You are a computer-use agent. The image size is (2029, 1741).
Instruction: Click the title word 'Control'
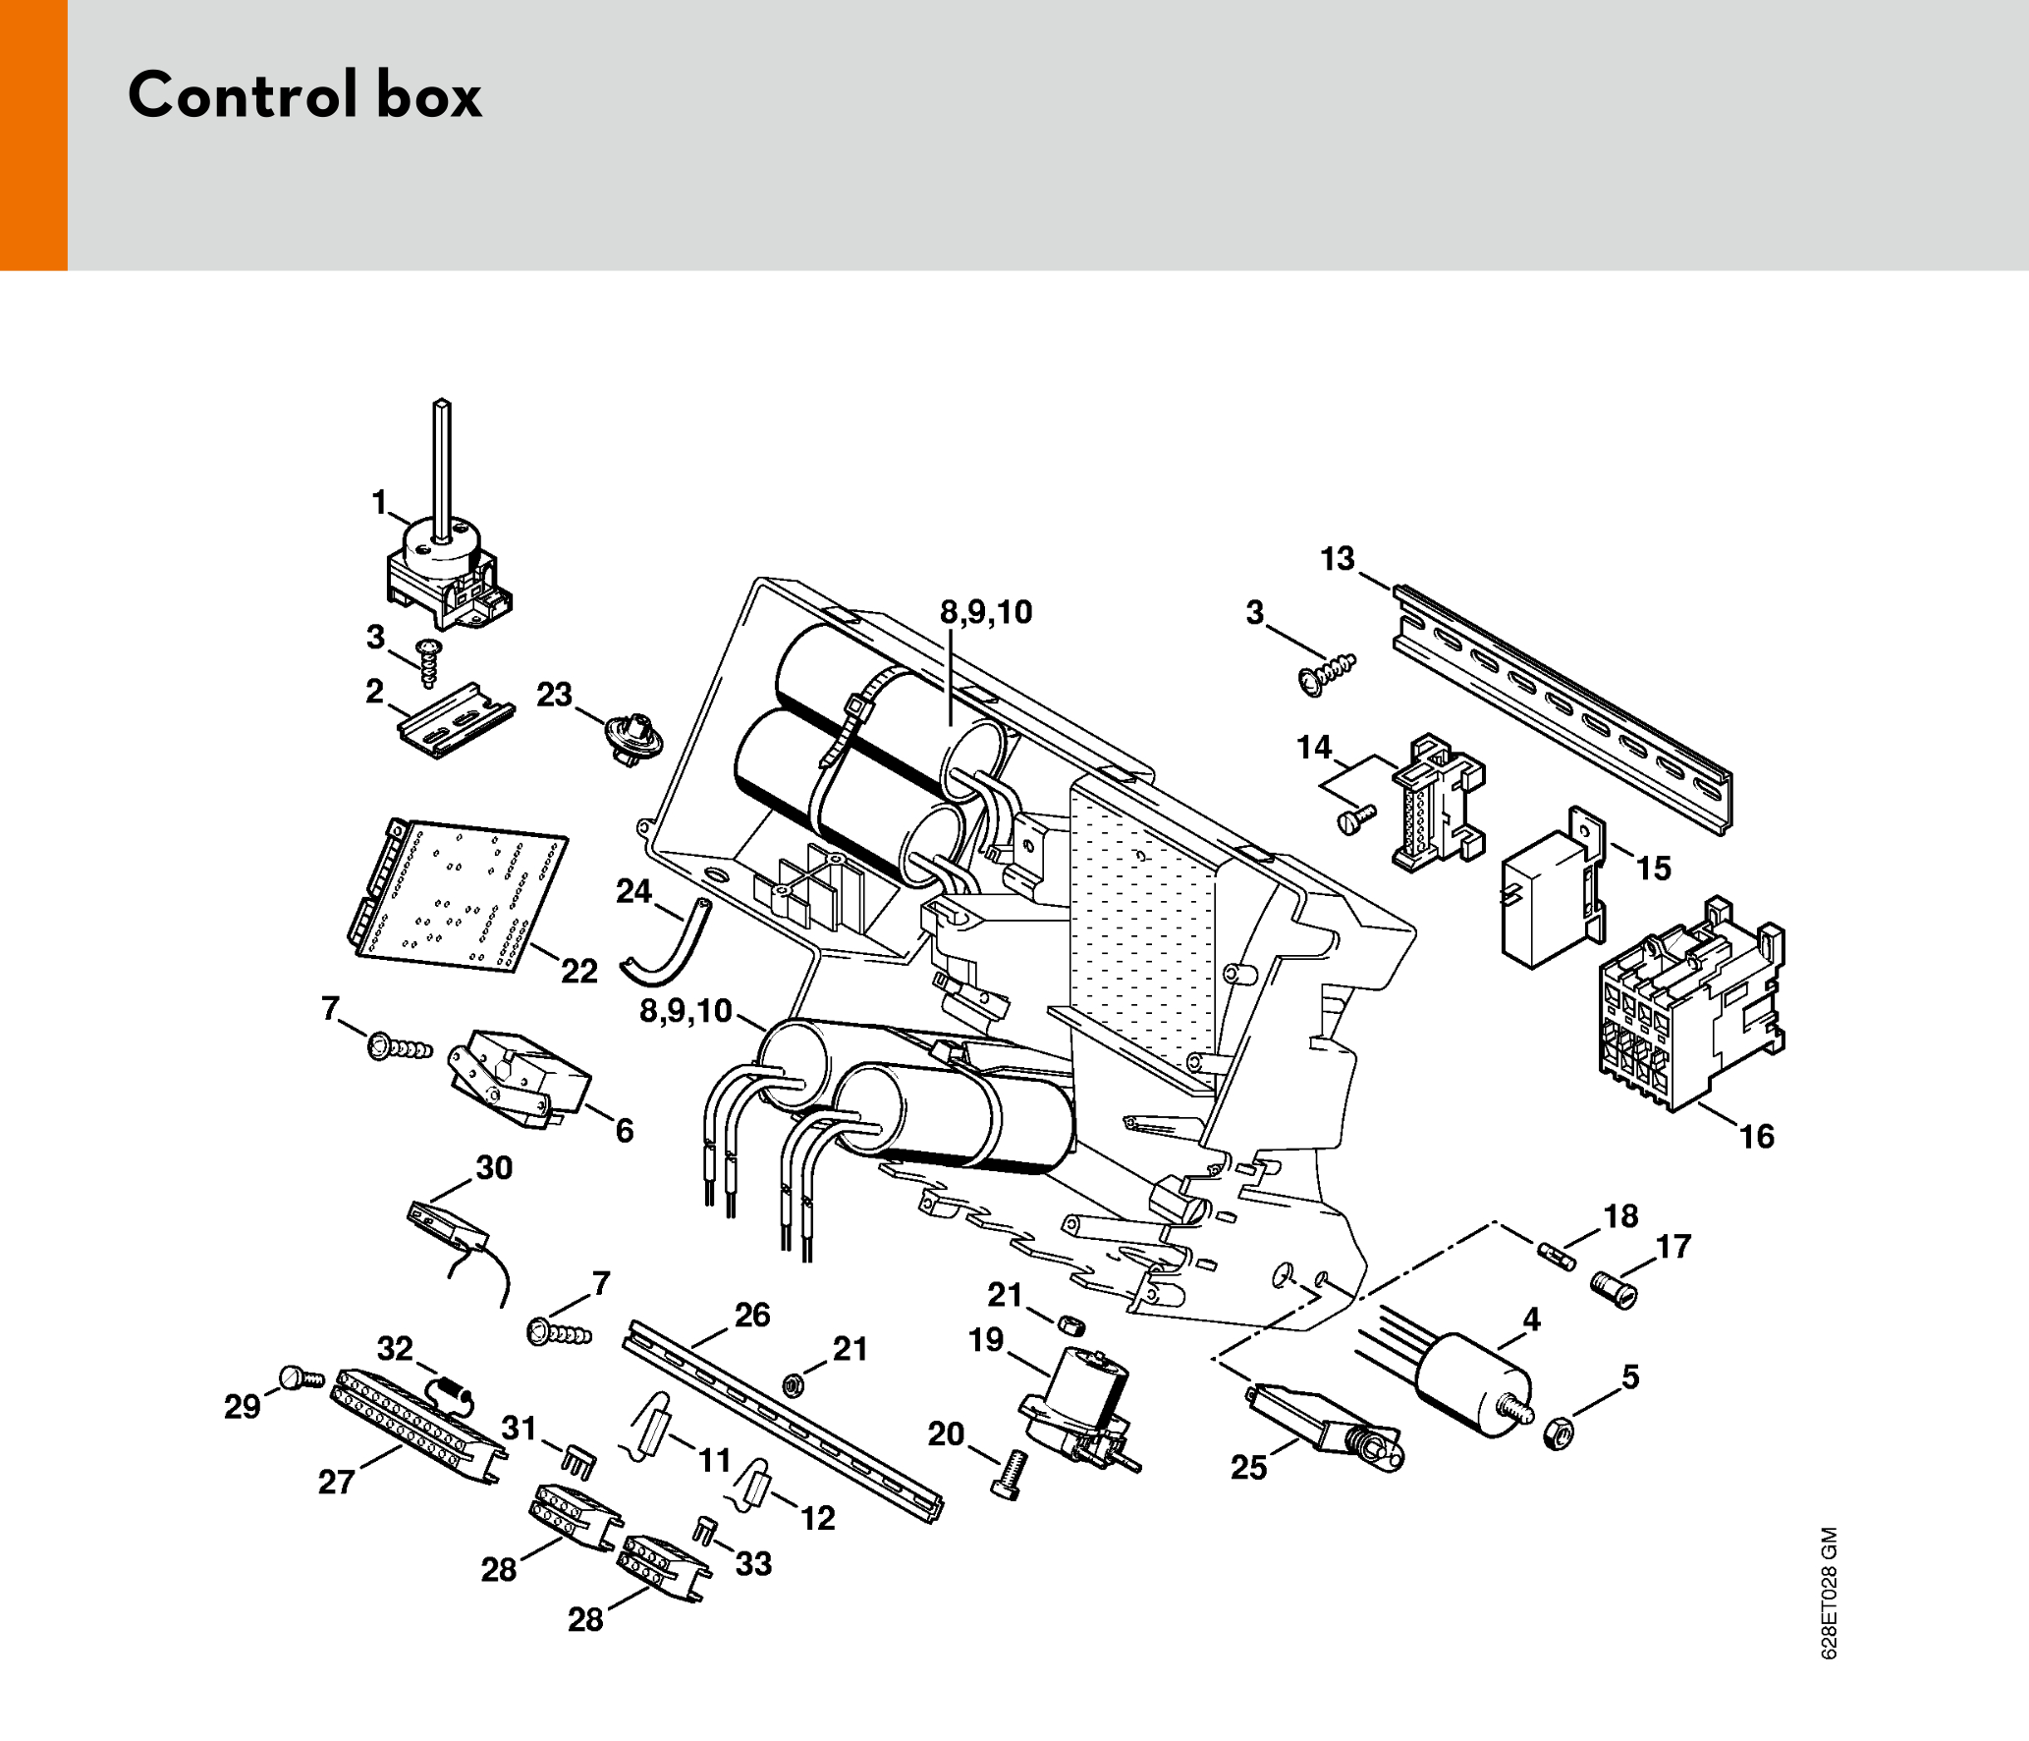click(242, 95)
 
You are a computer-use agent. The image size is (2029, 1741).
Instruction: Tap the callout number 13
click(1337, 559)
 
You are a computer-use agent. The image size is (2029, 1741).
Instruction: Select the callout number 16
click(1757, 1137)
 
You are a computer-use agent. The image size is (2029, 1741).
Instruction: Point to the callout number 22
click(579, 971)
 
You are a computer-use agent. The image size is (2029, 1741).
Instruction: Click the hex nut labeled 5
click(1559, 1432)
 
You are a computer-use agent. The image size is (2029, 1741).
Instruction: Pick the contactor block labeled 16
click(1689, 1012)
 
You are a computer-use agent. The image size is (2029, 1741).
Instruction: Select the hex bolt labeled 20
click(1011, 1475)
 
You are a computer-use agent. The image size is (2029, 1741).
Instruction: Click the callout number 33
click(753, 1563)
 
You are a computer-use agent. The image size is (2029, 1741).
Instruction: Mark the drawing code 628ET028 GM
click(1828, 1593)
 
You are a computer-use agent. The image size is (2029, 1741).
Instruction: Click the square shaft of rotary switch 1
click(442, 467)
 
